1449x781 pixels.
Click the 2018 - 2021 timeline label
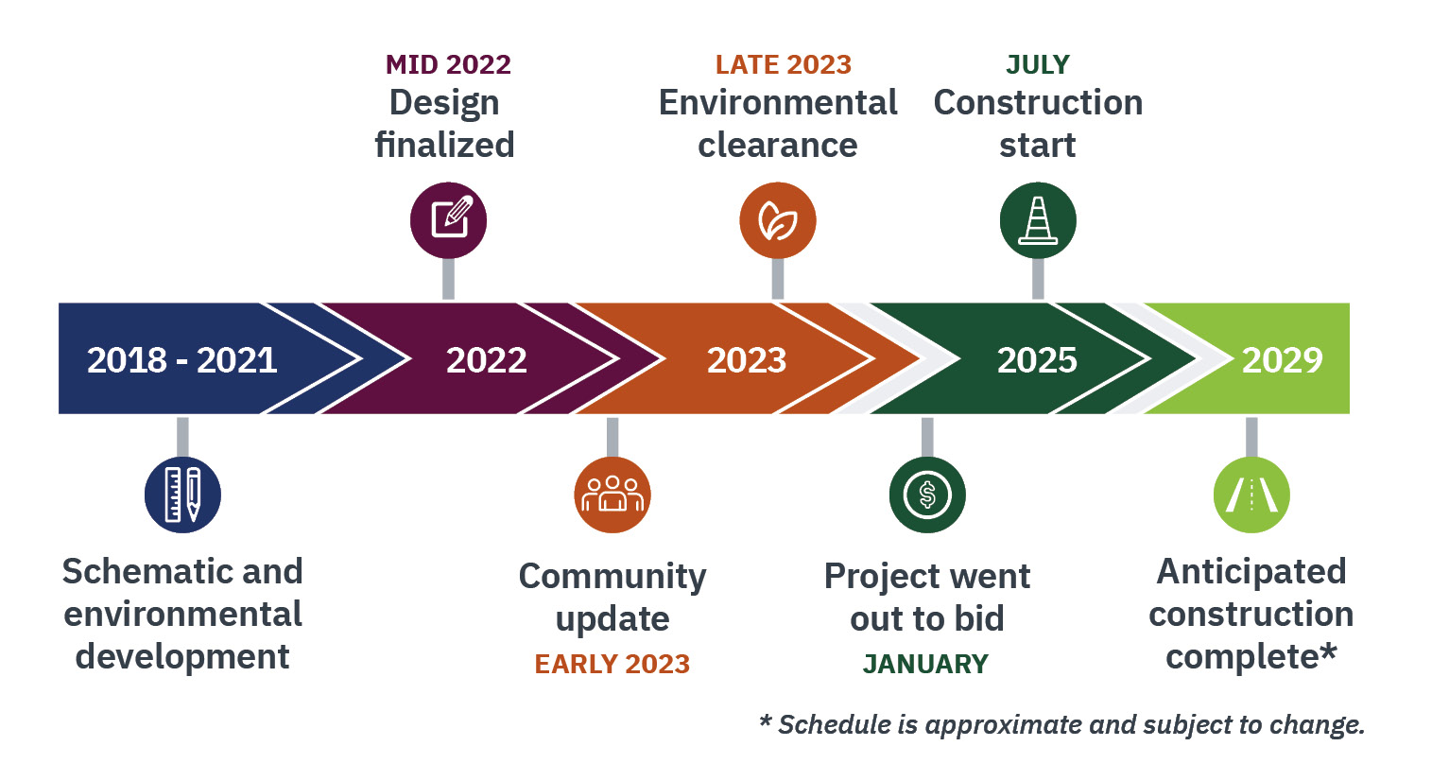point(181,360)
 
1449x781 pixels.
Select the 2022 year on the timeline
point(486,360)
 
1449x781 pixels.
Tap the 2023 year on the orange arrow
point(747,360)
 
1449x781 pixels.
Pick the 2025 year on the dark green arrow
point(1037,360)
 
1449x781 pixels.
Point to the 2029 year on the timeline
point(1282,360)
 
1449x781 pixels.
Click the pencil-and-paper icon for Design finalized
point(448,220)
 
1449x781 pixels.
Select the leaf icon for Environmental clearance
point(777,220)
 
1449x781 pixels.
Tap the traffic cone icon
point(1038,220)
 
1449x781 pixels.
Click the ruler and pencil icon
point(182,495)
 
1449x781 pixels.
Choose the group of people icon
point(612,495)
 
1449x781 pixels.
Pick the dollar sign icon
point(927,495)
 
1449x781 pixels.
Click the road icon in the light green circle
point(1251,495)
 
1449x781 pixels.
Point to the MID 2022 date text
point(448,64)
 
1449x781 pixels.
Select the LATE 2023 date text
point(783,64)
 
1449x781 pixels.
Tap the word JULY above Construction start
point(1038,64)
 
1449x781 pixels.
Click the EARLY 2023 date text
point(612,664)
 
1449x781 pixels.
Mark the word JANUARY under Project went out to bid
point(925,664)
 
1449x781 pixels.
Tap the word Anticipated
point(1251,571)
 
